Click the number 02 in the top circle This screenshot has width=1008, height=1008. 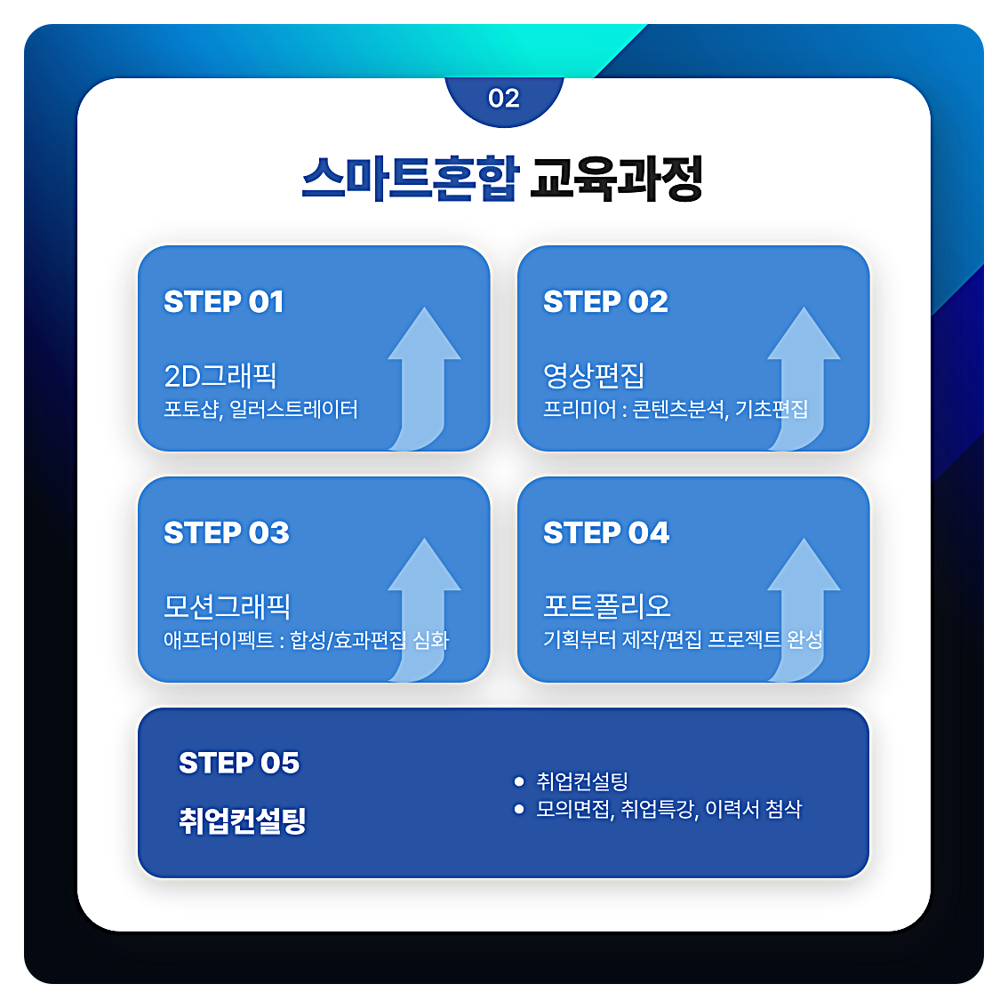click(503, 99)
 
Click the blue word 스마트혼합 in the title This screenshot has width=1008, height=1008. click(409, 179)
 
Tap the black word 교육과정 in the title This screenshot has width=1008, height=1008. click(616, 179)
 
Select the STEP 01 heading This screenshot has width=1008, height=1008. click(224, 302)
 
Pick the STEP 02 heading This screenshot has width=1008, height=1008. click(605, 302)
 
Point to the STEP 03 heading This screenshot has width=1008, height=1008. click(227, 533)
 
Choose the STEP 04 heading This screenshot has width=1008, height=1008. click(606, 533)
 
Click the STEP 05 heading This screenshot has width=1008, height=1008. click(239, 763)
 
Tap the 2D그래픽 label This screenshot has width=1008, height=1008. click(220, 376)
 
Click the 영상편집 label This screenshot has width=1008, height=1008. click(594, 376)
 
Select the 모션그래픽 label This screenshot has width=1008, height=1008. click(228, 606)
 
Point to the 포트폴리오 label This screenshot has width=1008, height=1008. click(607, 606)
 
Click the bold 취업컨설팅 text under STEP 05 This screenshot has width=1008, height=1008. click(243, 820)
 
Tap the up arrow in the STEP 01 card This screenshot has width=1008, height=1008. click(423, 373)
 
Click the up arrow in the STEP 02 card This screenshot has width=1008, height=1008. click(803, 373)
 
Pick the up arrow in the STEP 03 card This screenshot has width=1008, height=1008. click(423, 604)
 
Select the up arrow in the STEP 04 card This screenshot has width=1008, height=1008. click(803, 604)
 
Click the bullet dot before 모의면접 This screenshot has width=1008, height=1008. click(519, 809)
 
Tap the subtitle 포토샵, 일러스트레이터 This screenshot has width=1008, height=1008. click(260, 410)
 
